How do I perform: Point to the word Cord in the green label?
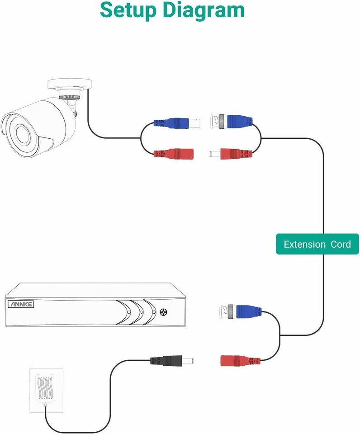pyautogui.click(x=341, y=244)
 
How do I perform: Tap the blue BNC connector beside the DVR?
pyautogui.click(x=246, y=311)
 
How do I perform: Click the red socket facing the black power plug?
pyautogui.click(x=235, y=361)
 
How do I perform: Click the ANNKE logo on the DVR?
pyautogui.click(x=20, y=304)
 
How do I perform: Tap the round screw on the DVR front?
pyautogui.click(x=164, y=312)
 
